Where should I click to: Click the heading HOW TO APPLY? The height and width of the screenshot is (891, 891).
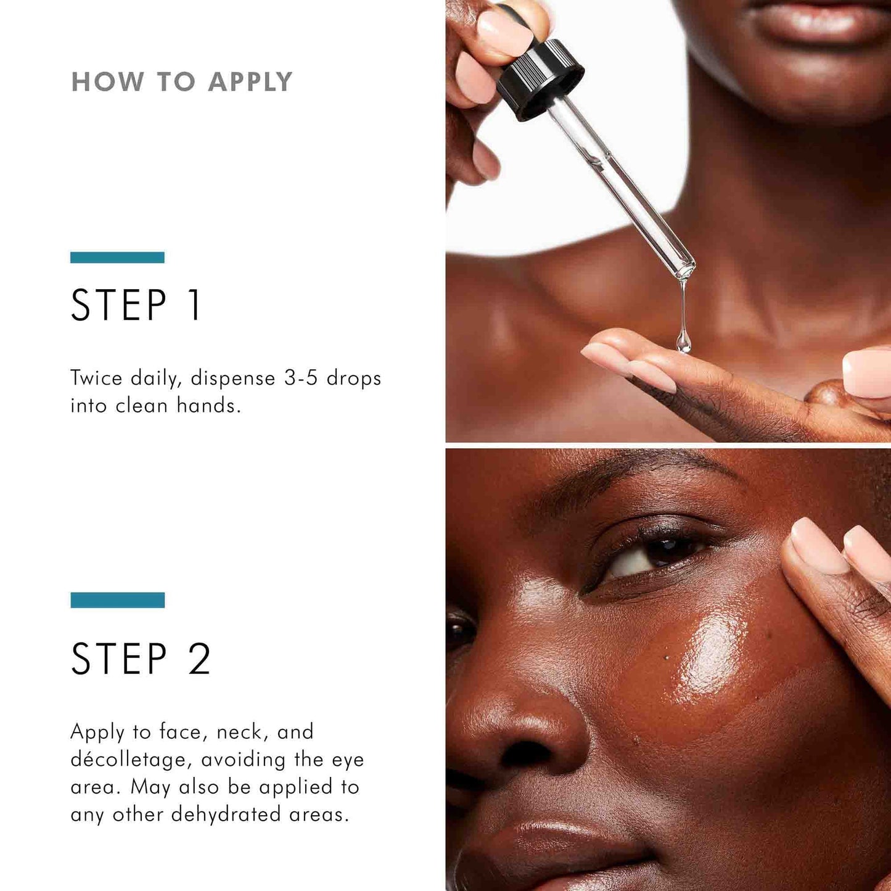pyautogui.click(x=182, y=82)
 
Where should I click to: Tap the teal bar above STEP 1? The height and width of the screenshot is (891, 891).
pyautogui.click(x=117, y=257)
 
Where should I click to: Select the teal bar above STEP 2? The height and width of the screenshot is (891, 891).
pyautogui.click(x=117, y=600)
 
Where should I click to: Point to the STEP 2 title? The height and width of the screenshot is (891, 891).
pyautogui.click(x=141, y=659)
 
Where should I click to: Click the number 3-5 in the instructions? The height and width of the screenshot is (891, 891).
pyautogui.click(x=300, y=378)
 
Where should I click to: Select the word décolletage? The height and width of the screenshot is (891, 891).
pyautogui.click(x=128, y=760)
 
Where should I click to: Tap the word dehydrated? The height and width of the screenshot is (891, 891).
pyautogui.click(x=226, y=815)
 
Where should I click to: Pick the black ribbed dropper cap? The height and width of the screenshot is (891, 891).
pyautogui.click(x=540, y=79)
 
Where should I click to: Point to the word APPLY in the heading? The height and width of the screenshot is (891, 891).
pyautogui.click(x=250, y=82)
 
